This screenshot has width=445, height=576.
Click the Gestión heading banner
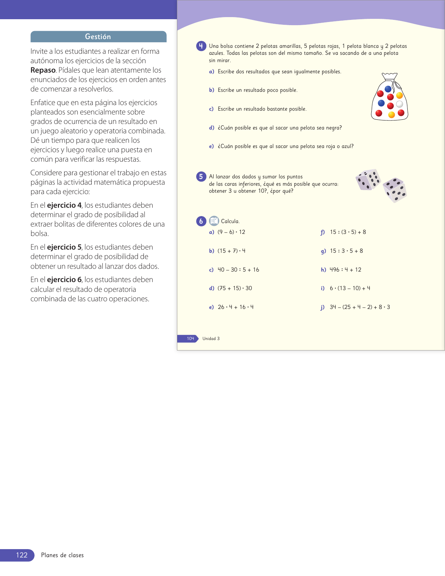point(98,37)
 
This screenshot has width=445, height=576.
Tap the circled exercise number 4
point(201,46)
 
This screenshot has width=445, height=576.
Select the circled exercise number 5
point(201,177)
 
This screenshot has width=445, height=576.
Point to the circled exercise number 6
point(201,221)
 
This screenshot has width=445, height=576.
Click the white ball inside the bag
point(400,104)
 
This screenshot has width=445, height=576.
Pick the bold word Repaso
point(43,70)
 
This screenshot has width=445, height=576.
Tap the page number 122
point(22,555)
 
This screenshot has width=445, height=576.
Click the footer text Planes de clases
point(62,555)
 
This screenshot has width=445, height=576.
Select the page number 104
point(190,339)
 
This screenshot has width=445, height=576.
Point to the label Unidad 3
point(211,339)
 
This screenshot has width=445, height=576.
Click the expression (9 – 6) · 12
point(231,232)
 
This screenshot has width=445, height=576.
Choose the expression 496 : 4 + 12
point(346,269)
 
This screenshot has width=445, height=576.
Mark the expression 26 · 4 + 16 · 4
point(236,307)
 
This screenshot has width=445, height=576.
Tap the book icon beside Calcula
point(214,221)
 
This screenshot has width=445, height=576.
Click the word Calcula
point(230,221)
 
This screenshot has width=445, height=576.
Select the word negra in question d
point(333,128)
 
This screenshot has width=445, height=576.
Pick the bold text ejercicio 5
point(64,247)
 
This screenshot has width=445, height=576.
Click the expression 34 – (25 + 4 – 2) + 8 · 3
point(360,307)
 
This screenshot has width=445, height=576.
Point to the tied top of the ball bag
point(390,76)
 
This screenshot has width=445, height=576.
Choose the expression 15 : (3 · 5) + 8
point(348,232)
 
